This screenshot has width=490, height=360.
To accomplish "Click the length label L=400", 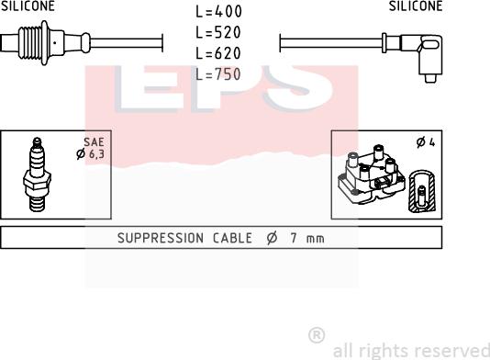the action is (x=218, y=12).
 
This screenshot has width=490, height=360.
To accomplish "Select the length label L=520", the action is (x=218, y=32).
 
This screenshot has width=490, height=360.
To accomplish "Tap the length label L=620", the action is (x=218, y=53).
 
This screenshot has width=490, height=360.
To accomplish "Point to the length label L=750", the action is (x=218, y=74).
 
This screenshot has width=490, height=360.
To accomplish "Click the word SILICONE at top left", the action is (x=28, y=6).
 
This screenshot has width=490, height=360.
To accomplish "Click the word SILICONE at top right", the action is (x=416, y=6).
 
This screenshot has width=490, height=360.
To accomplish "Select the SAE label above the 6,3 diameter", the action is (x=94, y=142).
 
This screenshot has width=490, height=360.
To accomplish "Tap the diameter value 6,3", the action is (x=97, y=154).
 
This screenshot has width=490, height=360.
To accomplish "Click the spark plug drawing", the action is (x=37, y=174).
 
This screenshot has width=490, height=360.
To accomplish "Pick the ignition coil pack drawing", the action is (x=372, y=174).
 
